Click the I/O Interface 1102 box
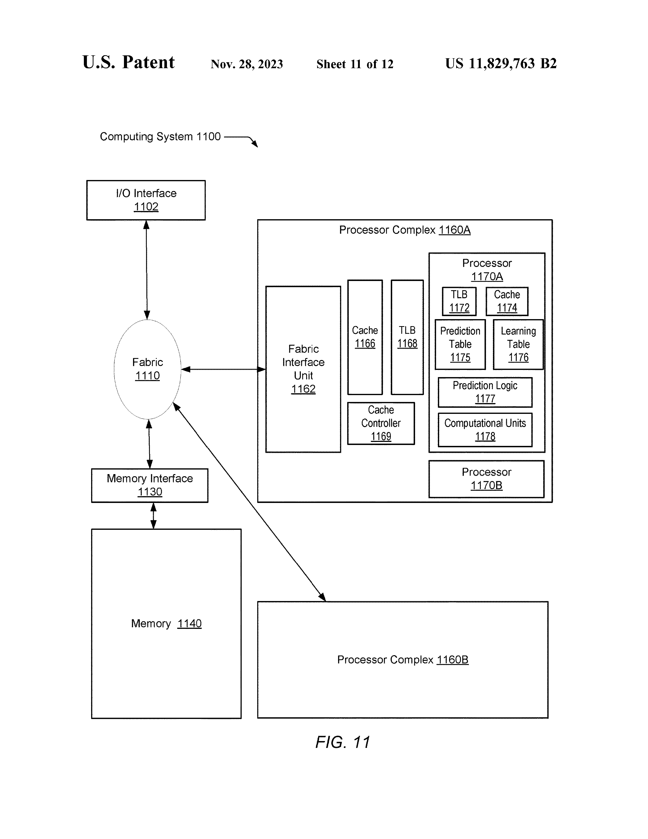146,200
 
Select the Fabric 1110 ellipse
147,369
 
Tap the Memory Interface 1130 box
150,485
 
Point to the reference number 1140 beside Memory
189,623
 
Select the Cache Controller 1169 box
381,423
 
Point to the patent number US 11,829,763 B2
501,63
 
